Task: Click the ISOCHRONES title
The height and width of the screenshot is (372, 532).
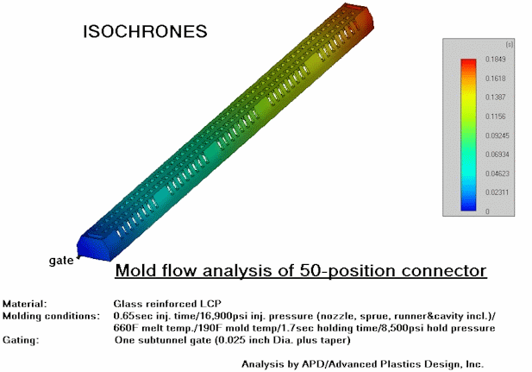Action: pos(145,31)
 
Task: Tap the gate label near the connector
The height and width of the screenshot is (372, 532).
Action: pos(61,261)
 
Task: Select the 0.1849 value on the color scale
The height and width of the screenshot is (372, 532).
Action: pos(496,59)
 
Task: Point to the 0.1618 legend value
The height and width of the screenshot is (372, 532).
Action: pos(496,79)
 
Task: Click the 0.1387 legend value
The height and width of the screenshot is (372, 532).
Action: pos(496,98)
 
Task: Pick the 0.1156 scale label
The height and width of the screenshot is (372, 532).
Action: pos(496,117)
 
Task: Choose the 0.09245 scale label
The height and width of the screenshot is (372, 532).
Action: pos(497,136)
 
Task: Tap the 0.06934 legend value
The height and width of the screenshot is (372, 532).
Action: pos(497,154)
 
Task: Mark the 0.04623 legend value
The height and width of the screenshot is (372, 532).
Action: pos(497,173)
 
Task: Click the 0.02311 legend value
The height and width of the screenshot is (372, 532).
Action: pos(497,192)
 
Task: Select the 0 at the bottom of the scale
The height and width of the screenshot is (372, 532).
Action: pos(487,211)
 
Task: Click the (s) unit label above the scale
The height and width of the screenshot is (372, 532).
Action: pos(510,44)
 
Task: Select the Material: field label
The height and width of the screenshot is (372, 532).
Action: pos(24,304)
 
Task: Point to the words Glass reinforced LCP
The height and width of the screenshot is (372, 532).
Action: pos(167,304)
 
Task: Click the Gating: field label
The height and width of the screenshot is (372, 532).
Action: pos(21,340)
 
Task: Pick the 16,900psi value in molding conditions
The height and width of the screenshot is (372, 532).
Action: pos(225,316)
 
